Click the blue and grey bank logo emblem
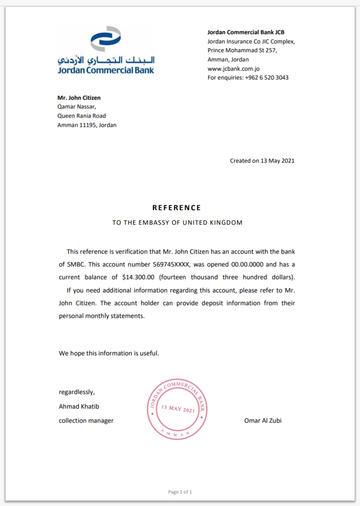click(105, 38)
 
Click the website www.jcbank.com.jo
click(233, 69)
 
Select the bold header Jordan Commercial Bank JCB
click(246, 32)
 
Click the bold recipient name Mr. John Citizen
click(79, 98)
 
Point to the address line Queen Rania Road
click(81, 116)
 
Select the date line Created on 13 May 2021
click(262, 161)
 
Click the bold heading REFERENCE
click(176, 208)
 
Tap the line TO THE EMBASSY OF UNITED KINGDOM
click(177, 223)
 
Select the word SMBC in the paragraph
click(74, 264)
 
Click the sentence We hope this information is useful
click(109, 353)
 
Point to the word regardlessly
click(76, 392)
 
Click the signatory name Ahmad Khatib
click(76, 406)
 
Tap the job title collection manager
click(86, 421)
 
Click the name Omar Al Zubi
click(263, 421)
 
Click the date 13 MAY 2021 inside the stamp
click(177, 409)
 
